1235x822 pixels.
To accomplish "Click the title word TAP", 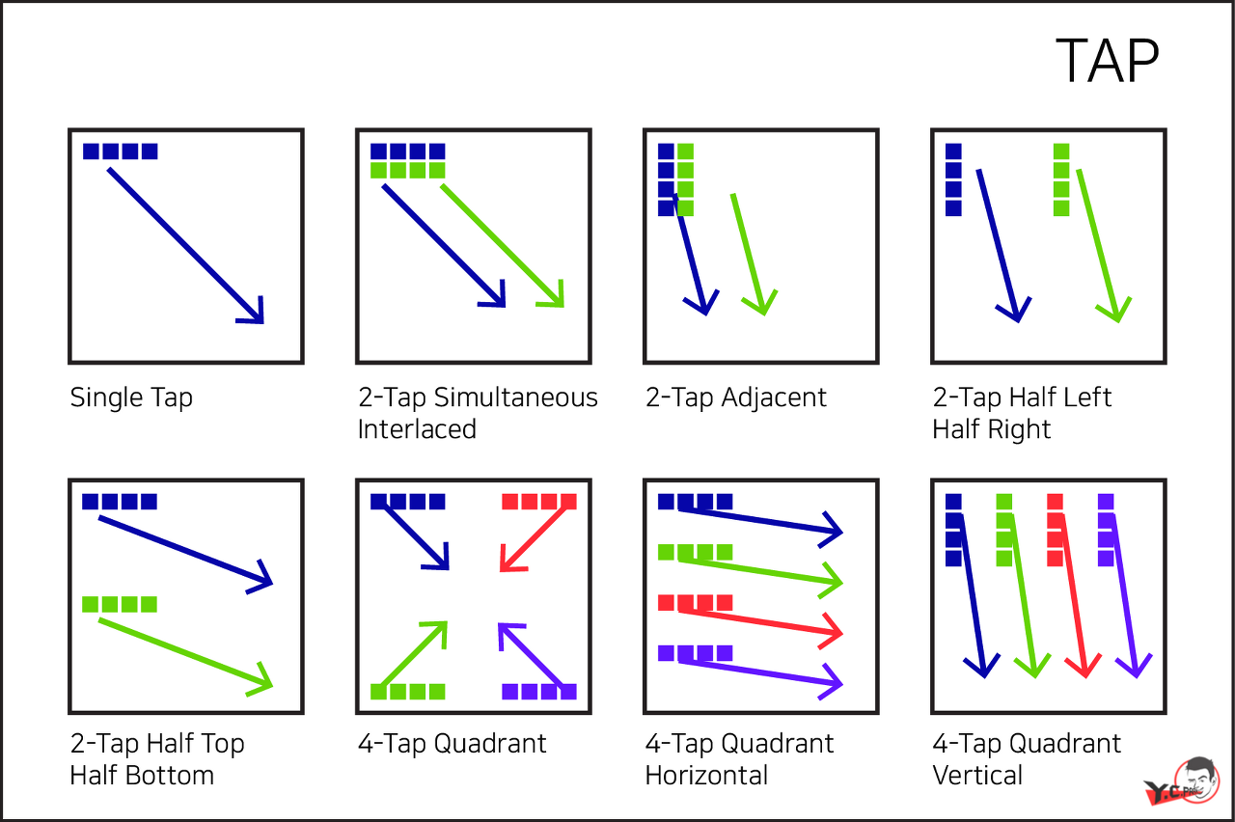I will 1107,62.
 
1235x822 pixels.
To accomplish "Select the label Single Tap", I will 131,397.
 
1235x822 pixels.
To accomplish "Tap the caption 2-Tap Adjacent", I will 735,397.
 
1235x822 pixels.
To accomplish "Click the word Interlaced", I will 417,428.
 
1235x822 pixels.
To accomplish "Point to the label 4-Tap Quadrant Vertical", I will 1026,759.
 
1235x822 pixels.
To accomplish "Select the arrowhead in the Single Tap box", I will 254,314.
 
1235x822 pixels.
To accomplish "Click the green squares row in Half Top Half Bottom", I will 120,605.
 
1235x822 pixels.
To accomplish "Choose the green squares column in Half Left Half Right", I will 1061,179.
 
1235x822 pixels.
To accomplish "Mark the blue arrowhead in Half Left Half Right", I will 1012,312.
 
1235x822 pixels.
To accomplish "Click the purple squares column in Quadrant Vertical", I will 1106,530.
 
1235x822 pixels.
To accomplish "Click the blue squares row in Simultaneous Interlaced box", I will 408,151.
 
